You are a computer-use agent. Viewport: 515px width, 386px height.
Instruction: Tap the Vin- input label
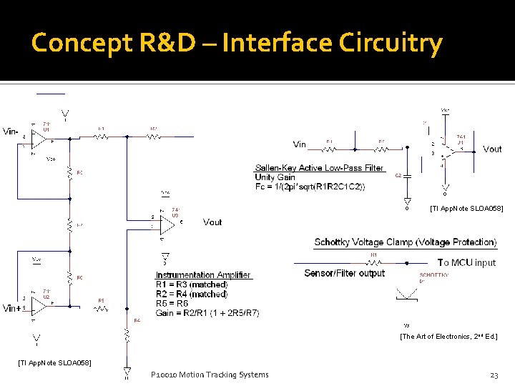click(11, 132)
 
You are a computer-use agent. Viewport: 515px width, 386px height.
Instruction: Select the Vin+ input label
click(11, 308)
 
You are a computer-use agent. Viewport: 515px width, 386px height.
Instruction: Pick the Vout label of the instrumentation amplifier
click(212, 222)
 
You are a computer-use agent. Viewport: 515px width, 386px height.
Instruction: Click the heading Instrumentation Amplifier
click(203, 275)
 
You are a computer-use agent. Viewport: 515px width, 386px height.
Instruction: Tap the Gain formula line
click(207, 313)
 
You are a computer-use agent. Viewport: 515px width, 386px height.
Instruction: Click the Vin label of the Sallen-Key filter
click(300, 144)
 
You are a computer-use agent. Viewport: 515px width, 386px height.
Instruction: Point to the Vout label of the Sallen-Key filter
click(492, 149)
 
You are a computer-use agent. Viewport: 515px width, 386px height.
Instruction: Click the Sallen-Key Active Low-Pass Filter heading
click(319, 168)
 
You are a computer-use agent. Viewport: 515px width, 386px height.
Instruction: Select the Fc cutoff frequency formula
click(309, 187)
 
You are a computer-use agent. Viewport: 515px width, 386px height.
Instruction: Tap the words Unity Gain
click(275, 177)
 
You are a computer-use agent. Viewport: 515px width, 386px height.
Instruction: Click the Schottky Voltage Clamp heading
click(405, 242)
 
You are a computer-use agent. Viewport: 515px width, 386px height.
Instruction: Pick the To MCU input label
click(466, 262)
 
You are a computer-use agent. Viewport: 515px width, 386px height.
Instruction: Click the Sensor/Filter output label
click(344, 273)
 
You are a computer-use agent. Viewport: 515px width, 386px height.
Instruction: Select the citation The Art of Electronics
click(448, 336)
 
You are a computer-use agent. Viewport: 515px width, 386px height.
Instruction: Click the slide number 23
click(494, 375)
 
